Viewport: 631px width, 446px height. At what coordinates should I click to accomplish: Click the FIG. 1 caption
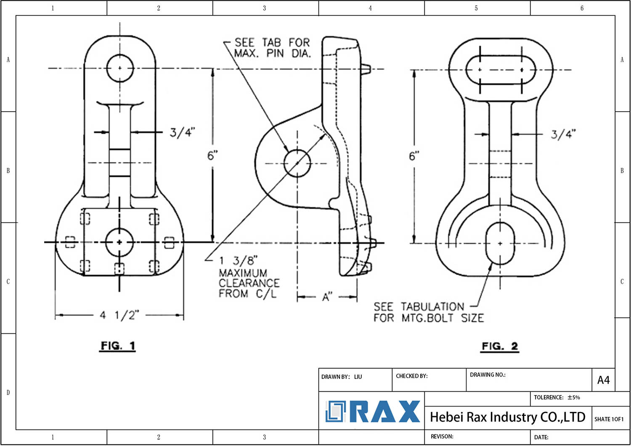(117, 346)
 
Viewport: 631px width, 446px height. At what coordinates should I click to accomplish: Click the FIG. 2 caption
(500, 346)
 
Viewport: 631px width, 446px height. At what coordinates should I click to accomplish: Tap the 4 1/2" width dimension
(119, 315)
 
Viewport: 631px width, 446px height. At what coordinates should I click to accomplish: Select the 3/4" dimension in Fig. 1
(182, 132)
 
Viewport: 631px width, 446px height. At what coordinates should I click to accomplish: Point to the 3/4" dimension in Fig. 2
(563, 134)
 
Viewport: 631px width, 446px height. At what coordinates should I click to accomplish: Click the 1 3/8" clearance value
(238, 261)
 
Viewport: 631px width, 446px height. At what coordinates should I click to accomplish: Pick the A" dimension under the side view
(327, 297)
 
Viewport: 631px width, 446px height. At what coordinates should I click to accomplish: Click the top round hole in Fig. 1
(120, 68)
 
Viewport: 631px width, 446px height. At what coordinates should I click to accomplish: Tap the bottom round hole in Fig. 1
(119, 242)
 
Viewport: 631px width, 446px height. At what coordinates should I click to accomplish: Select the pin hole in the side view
(297, 163)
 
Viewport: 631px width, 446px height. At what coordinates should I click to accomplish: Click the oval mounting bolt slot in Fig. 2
(500, 243)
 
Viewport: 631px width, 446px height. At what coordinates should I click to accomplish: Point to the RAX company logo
(373, 412)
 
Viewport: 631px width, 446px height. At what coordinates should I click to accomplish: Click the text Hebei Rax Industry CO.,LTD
(507, 417)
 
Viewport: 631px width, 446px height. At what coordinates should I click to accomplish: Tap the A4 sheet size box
(603, 380)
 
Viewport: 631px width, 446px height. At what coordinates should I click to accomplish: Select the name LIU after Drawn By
(358, 377)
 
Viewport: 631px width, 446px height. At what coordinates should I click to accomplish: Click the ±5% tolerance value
(573, 397)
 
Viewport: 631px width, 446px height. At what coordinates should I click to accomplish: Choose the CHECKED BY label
(411, 376)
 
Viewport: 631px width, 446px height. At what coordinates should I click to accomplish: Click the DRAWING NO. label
(488, 375)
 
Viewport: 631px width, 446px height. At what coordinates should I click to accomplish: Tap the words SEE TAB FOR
(272, 42)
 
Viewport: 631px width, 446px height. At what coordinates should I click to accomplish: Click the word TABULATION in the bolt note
(432, 307)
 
